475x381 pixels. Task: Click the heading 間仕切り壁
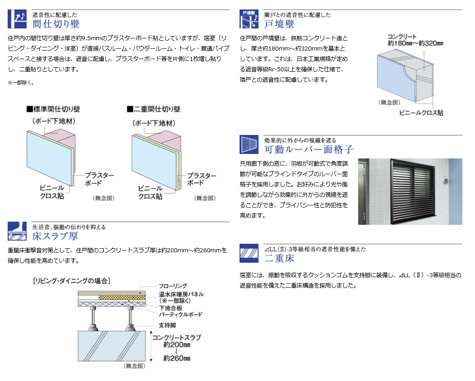[56, 23]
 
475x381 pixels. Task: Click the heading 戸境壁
[279, 23]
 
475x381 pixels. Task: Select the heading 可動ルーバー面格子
[309, 149]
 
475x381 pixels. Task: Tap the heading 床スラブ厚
[55, 236]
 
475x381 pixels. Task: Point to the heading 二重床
[279, 258]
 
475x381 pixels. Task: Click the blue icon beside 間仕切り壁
[17, 19]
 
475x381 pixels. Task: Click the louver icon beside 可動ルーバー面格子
[249, 144]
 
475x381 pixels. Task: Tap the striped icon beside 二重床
[249, 253]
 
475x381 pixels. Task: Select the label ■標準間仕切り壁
[53, 109]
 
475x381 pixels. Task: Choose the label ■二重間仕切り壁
[153, 109]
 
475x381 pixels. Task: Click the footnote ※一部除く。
[21, 83]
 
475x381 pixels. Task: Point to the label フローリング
[173, 286]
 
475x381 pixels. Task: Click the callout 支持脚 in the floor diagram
[167, 325]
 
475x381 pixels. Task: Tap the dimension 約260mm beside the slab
[177, 358]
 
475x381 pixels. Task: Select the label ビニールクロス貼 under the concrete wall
[421, 113]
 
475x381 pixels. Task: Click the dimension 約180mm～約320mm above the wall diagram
[415, 43]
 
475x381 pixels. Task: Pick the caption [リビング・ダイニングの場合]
[71, 281]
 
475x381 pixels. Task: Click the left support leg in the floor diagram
[93, 319]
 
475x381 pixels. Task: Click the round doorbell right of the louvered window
[446, 181]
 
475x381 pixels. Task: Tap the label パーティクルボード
[180, 314]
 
